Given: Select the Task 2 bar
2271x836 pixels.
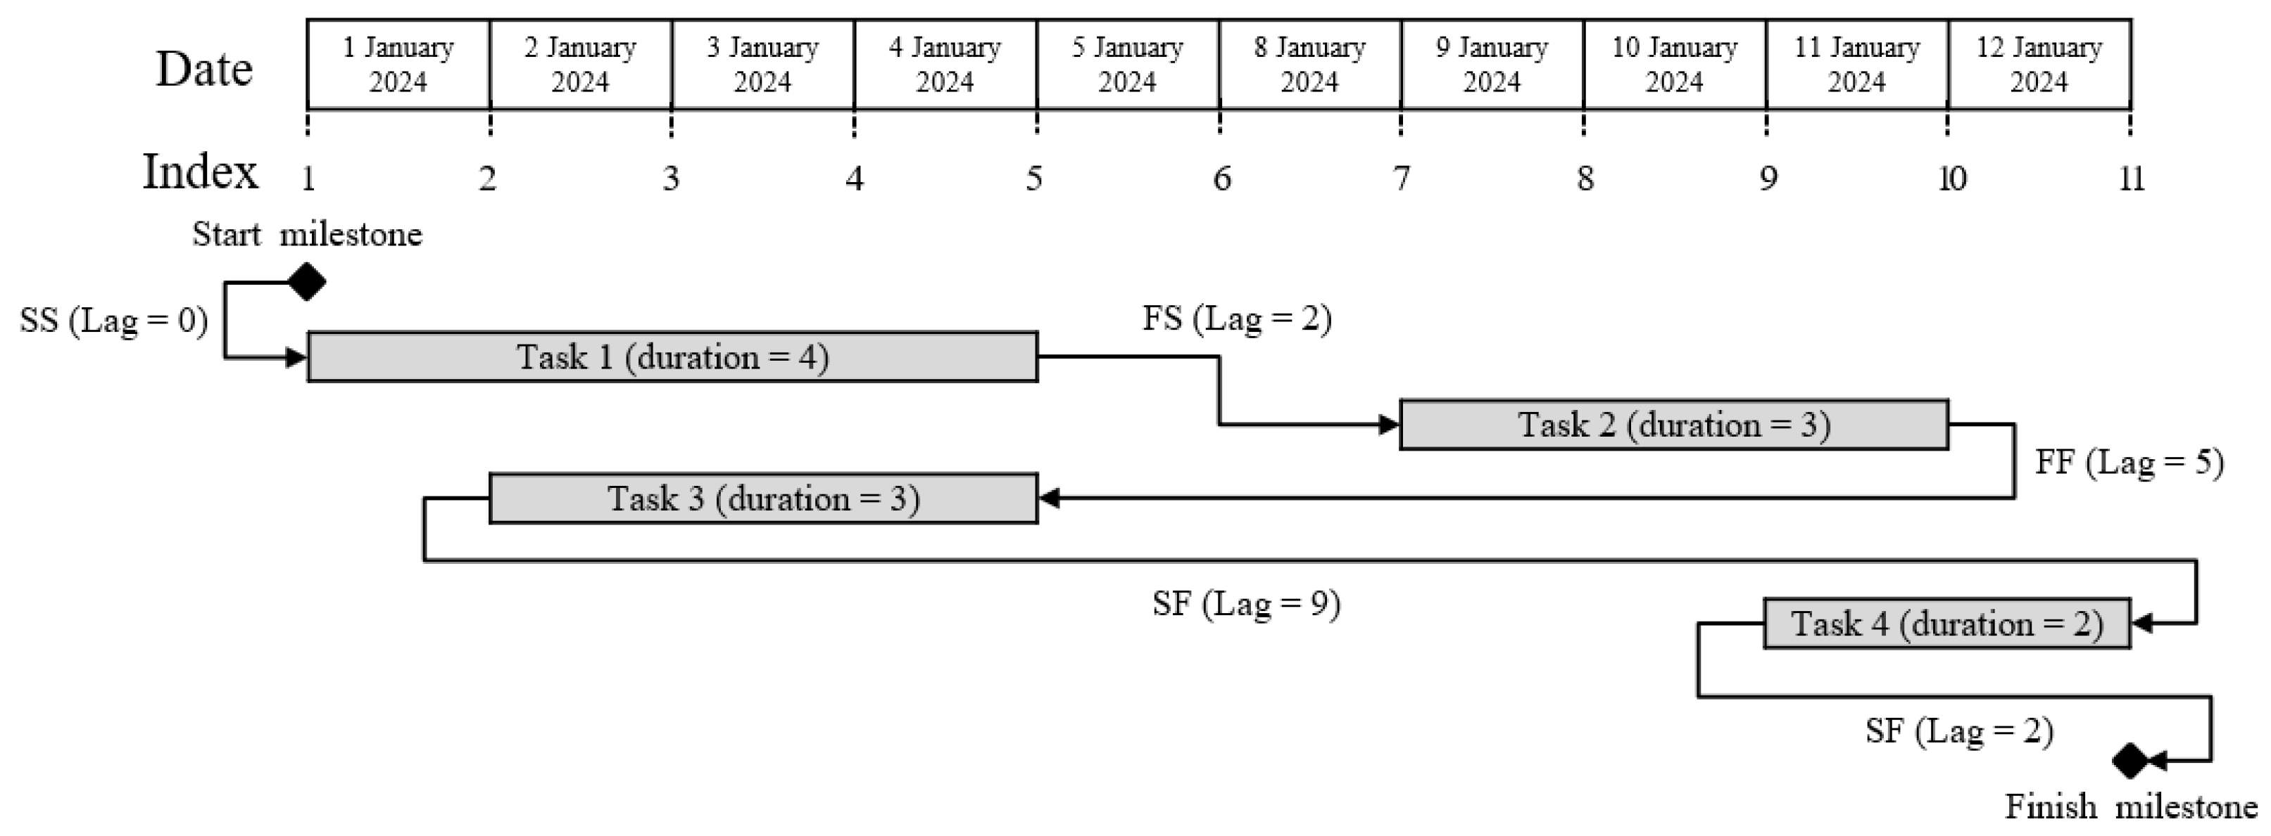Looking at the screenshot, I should pos(1673,425).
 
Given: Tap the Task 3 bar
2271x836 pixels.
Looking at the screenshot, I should pos(764,499).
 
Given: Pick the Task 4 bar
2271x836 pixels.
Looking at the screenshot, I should pos(1946,624).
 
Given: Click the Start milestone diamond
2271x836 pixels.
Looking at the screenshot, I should pos(308,282).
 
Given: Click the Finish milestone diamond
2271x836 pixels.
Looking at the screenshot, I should pos(2131,760).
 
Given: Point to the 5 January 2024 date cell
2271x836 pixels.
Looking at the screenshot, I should pos(1128,64).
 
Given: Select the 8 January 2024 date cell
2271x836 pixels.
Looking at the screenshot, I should pos(1310,64).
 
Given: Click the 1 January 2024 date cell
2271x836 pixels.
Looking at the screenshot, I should pos(398,64).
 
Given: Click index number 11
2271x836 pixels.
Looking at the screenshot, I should pos(2131,179).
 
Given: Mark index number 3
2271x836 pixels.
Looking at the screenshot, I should pos(671,179).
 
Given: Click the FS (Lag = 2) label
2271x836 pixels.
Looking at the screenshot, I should pos(1237,318).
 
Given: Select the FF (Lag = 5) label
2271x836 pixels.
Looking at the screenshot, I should pos(2129,462).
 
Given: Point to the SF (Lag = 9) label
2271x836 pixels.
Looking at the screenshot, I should pos(1247,603).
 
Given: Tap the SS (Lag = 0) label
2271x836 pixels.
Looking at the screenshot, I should pos(114,320).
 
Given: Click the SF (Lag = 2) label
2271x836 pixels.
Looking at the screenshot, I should pos(1959,731).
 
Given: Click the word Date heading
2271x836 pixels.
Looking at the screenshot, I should pos(205,69).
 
